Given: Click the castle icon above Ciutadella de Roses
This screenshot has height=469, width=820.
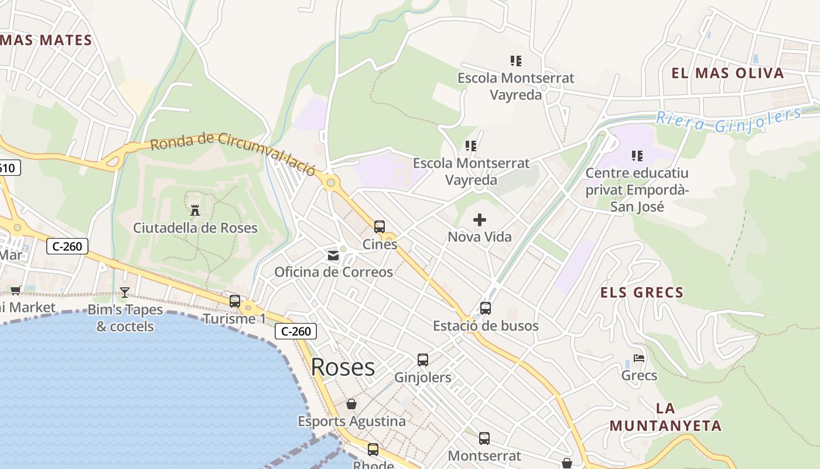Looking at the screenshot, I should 195,210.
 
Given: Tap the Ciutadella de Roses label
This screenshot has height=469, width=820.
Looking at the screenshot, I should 195,228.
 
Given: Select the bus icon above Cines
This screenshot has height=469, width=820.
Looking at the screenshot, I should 380,227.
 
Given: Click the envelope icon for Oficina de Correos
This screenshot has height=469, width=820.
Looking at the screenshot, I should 333,255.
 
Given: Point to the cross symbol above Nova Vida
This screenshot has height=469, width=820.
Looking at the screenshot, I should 480,220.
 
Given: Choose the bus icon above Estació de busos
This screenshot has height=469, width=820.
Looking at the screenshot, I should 486,308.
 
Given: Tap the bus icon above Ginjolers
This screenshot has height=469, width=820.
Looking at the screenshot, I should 423,360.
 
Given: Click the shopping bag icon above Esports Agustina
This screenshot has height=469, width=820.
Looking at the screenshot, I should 351,404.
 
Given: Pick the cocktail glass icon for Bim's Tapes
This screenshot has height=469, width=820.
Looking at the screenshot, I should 125,292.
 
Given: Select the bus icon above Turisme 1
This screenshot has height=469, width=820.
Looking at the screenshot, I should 235,301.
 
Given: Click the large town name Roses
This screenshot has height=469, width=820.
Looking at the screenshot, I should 343,367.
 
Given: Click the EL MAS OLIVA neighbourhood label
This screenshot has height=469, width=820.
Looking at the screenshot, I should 727,73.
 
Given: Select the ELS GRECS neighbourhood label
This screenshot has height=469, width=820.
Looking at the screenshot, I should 642,293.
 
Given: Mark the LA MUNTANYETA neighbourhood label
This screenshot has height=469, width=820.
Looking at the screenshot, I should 665,417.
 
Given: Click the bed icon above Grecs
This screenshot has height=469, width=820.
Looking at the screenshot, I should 639,358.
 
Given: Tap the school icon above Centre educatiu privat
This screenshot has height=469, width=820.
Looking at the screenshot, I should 637,156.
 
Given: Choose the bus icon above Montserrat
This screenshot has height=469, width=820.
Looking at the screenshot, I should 484,438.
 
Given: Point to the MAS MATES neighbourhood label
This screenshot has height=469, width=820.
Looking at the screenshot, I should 46,40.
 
